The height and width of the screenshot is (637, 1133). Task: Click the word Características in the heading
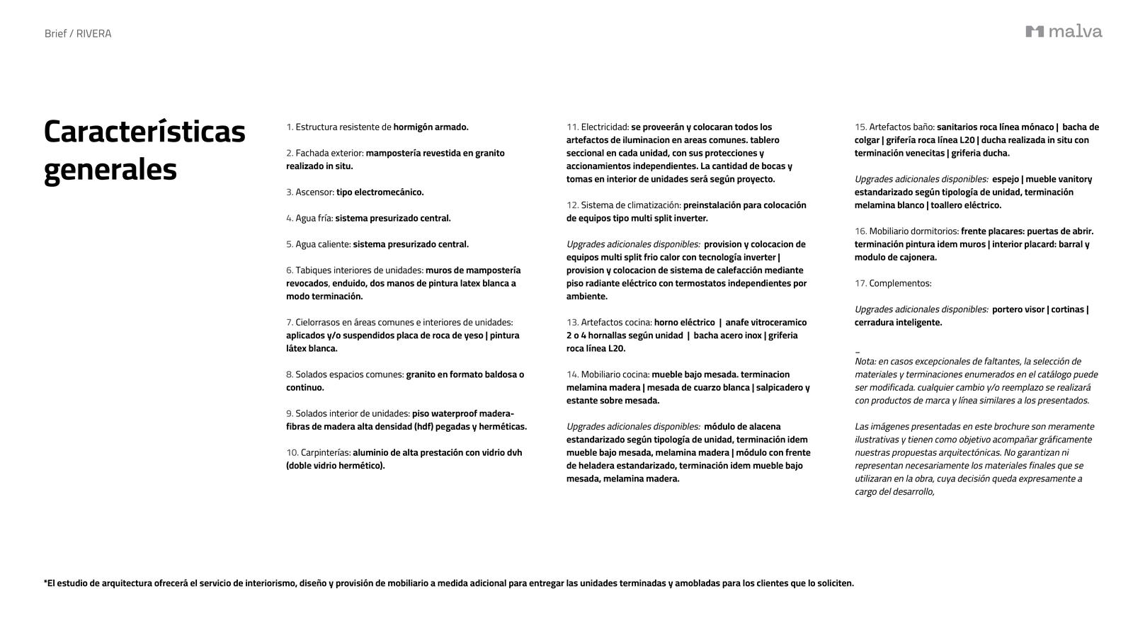tap(144, 132)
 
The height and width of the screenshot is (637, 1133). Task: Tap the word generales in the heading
tap(110, 170)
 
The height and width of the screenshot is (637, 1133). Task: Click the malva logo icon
tap(1035, 31)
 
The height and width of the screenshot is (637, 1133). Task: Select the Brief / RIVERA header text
tap(78, 33)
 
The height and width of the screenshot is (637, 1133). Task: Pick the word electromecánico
tap(388, 193)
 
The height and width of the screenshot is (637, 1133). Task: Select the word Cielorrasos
tap(319, 323)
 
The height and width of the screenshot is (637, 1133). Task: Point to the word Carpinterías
tap(325, 452)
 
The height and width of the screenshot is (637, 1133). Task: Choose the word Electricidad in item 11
tap(604, 127)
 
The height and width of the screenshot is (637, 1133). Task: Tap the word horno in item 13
tap(666, 323)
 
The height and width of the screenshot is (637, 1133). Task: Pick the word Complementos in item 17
tap(899, 284)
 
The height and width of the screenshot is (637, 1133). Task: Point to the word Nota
tap(865, 362)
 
